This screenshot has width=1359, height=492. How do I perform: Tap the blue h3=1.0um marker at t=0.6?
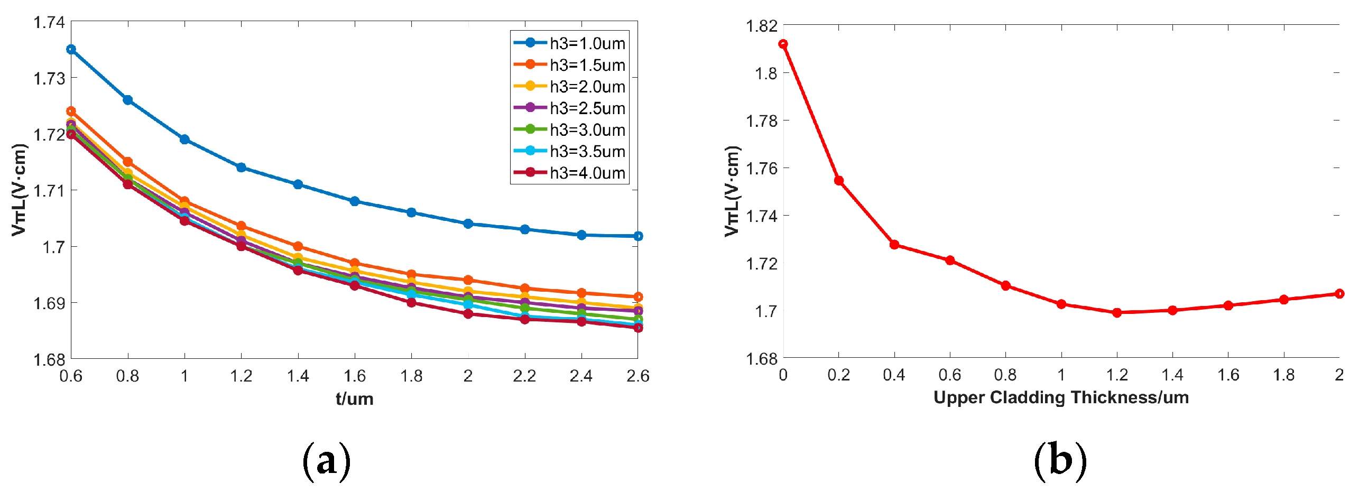(x=71, y=49)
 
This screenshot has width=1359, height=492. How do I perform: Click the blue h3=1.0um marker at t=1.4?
(x=298, y=184)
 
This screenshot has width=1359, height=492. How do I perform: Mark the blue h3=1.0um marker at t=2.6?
(x=638, y=236)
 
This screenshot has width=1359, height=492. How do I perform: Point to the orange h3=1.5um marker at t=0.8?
(x=127, y=161)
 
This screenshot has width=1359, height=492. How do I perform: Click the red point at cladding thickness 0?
(x=783, y=44)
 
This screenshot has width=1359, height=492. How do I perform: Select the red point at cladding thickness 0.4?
(x=894, y=244)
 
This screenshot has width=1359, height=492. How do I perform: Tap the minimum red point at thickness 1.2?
(x=1116, y=312)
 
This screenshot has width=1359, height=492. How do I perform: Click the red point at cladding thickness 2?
(x=1339, y=293)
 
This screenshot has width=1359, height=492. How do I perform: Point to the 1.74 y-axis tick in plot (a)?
(x=49, y=22)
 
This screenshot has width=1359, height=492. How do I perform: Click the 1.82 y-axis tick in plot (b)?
(x=761, y=25)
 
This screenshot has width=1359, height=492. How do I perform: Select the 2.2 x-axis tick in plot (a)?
(x=524, y=376)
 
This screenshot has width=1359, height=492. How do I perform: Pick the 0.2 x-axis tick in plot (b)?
(x=838, y=375)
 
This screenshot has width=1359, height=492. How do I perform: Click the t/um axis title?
(x=354, y=398)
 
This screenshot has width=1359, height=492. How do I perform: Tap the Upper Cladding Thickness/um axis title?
(x=1061, y=397)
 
